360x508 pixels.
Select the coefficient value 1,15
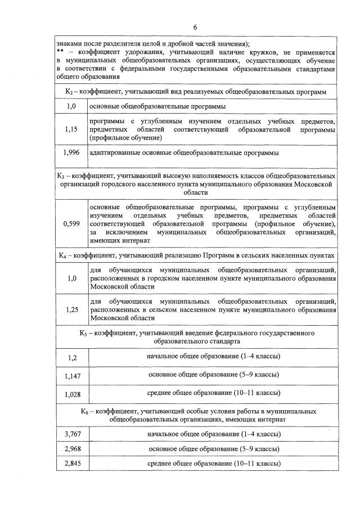pyautogui.click(x=71, y=129)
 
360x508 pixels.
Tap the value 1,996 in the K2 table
pyautogui.click(x=71, y=152)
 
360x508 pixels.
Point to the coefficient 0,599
pyautogui.click(x=71, y=224)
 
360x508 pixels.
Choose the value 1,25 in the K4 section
pyautogui.click(x=71, y=309)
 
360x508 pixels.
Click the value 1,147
pyautogui.click(x=71, y=375)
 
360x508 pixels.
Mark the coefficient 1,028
pyautogui.click(x=71, y=394)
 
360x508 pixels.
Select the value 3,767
pyautogui.click(x=71, y=434)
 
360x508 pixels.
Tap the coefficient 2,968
pyautogui.click(x=71, y=449)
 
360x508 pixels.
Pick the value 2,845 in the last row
pyautogui.click(x=71, y=464)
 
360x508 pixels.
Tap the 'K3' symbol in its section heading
pyautogui.click(x=62, y=176)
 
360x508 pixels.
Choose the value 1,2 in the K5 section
pyautogui.click(x=71, y=357)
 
